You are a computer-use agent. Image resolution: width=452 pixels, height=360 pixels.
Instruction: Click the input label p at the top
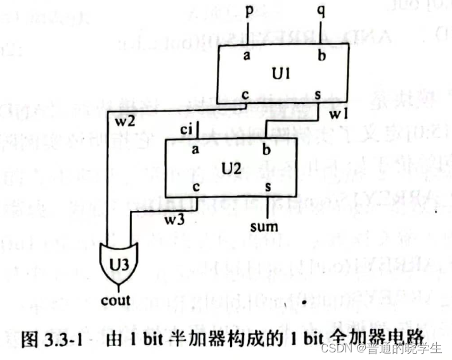[250, 11]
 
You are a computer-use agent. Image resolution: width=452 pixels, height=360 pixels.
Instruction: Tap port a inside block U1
[245, 55]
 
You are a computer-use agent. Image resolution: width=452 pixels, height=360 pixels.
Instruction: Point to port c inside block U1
[245, 94]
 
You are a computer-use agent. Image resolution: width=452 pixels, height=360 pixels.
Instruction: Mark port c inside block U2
[196, 187]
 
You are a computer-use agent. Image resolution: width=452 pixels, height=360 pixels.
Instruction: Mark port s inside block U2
[268, 187]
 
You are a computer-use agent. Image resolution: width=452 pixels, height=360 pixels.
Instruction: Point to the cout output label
[116, 300]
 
